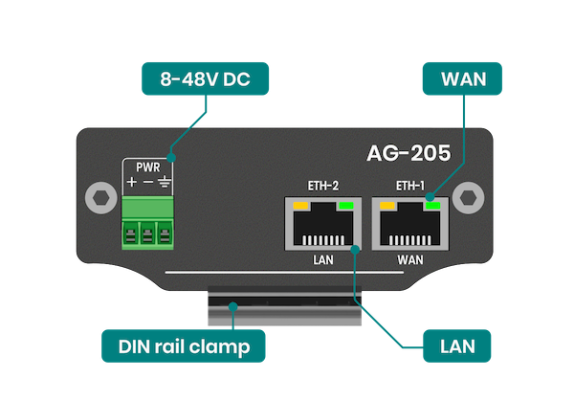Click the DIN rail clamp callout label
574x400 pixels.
[183, 345]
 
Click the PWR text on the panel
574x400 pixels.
[147, 167]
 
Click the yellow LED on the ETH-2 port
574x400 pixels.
[299, 205]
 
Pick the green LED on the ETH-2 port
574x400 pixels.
[344, 205]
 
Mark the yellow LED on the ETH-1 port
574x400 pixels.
[387, 205]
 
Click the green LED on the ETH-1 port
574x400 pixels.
[433, 205]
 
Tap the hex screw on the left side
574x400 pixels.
[97, 198]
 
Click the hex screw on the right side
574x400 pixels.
[468, 198]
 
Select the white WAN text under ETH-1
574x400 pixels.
[411, 259]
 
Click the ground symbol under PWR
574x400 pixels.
[164, 182]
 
